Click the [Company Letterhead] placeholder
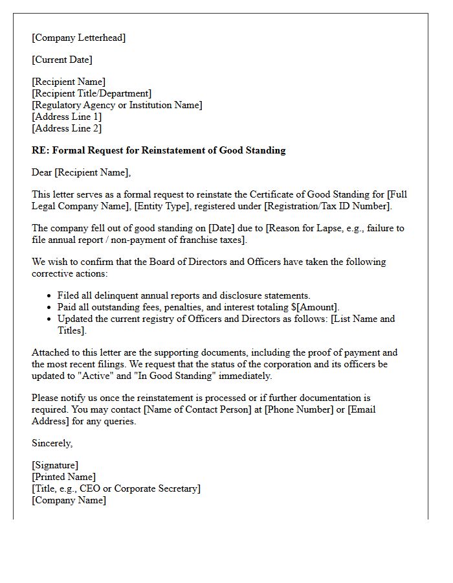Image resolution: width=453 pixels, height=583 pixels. point(79,38)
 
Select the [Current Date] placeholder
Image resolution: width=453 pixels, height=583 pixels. point(62,60)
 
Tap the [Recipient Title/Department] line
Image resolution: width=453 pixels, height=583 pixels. point(91,93)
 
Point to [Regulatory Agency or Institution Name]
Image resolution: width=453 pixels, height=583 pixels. point(117,105)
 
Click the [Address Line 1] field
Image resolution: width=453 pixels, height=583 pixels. point(67,117)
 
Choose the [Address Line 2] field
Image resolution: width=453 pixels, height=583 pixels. point(67,128)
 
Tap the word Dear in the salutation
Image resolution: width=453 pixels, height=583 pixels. point(42,172)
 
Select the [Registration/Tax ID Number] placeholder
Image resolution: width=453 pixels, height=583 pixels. point(326,206)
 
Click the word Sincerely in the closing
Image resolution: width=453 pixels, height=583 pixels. point(52,443)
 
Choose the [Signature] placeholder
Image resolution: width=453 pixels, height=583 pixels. point(55,465)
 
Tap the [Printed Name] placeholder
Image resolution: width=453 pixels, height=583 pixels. point(63,477)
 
